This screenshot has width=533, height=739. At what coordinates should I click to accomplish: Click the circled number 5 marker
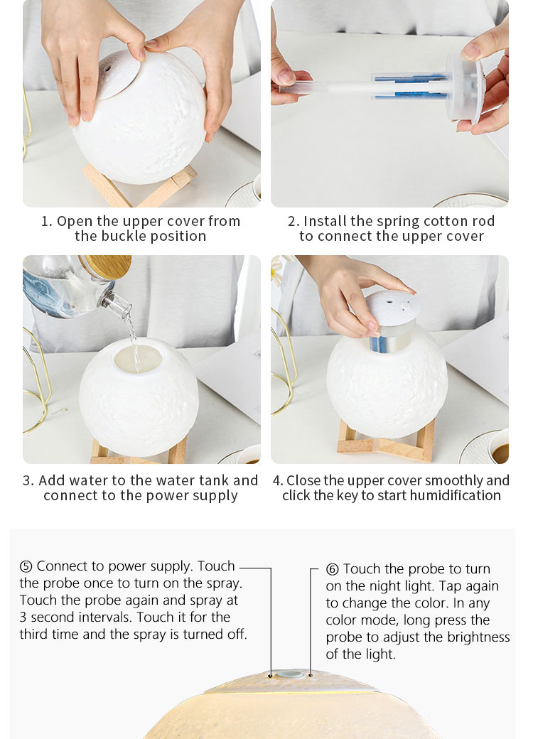(26, 566)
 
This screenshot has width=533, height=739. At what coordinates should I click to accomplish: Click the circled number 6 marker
(333, 569)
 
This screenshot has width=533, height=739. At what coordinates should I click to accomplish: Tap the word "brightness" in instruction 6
(478, 637)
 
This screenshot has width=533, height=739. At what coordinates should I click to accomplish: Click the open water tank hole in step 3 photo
(138, 358)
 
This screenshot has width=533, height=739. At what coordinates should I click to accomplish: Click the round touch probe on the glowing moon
(290, 674)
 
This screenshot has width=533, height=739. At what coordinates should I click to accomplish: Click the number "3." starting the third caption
(28, 480)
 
